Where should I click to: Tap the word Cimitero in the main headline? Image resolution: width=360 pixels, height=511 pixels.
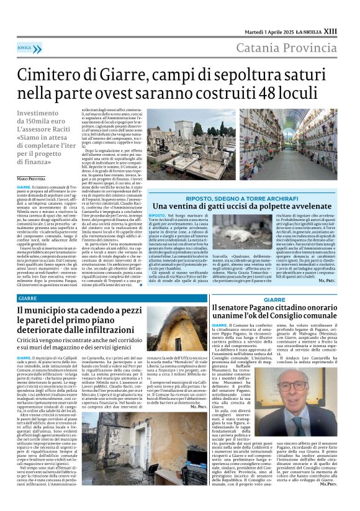coord(58,76)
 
